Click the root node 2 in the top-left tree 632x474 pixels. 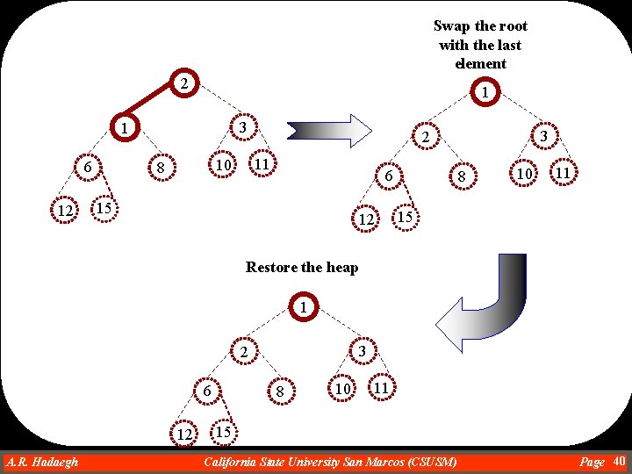182,84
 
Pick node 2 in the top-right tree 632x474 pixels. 423,138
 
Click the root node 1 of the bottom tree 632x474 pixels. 302,308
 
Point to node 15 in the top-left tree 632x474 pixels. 104,208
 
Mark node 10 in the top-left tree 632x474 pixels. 223,165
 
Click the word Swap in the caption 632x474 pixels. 451,26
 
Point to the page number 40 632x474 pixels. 619,461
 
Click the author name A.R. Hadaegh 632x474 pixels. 41,462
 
